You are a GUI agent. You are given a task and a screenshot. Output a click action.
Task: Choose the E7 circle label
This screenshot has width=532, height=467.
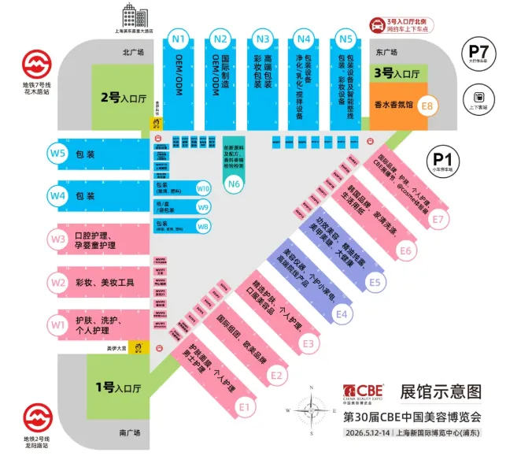point(438,219)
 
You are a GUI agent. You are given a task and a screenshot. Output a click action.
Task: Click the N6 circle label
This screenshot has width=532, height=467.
point(234,185)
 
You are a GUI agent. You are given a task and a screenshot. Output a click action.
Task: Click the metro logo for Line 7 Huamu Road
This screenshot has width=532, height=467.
point(35,63)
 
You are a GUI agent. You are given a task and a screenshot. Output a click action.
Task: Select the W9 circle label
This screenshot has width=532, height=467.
point(203,207)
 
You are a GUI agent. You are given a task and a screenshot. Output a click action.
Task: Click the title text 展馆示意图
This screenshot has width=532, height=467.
point(440,391)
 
